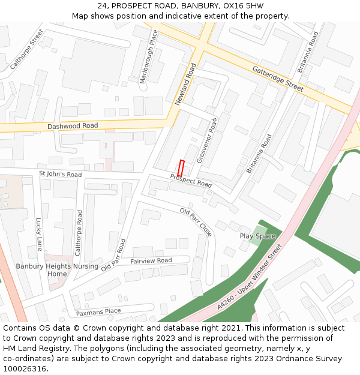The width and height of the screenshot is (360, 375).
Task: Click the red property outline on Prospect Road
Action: [181, 167]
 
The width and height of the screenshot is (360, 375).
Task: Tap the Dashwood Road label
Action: [73, 126]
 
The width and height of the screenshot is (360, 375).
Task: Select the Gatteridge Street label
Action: [278, 78]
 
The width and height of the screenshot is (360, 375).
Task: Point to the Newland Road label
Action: [185, 85]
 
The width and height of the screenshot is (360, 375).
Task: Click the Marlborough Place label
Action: [148, 56]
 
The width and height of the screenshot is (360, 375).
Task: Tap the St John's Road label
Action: [60, 175]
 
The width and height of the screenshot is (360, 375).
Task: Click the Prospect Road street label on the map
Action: [191, 181]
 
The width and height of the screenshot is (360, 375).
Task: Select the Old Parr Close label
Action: [196, 222]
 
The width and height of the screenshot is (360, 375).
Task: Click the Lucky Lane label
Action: [40, 234]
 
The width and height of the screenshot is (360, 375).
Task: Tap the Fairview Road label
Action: [151, 260]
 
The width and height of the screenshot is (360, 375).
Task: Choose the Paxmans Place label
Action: [98, 312]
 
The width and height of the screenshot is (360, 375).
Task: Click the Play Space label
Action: [257, 236]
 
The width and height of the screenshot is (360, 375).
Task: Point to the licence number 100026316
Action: [25, 368]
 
